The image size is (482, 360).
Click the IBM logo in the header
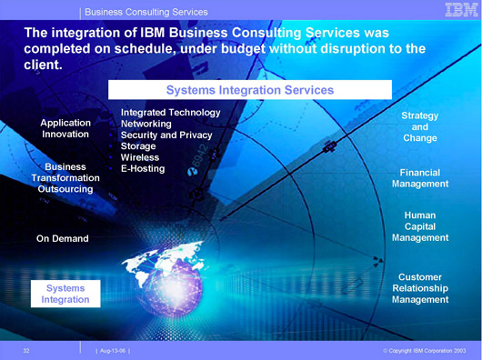click(x=461, y=9)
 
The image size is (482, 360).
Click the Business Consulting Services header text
click(x=146, y=12)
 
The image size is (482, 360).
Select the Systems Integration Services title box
click(x=250, y=90)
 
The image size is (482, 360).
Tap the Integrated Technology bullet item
click(x=171, y=113)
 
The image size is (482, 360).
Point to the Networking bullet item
click(x=146, y=124)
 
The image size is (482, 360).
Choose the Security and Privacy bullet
click(x=166, y=135)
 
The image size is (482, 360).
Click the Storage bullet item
click(x=138, y=146)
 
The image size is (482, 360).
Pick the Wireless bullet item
click(x=140, y=157)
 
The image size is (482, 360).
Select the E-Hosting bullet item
click(x=143, y=168)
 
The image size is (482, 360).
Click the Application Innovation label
click(x=65, y=128)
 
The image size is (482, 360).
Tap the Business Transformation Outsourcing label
click(x=65, y=178)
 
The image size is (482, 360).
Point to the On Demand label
click(x=63, y=238)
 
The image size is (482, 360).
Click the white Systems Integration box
click(x=65, y=294)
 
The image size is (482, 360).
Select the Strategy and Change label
click(x=420, y=127)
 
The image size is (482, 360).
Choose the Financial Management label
click(x=420, y=178)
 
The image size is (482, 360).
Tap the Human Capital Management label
click(x=420, y=226)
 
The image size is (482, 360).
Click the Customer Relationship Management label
click(x=420, y=288)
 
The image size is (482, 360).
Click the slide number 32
click(x=26, y=351)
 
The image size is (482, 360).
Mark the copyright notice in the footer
click(x=425, y=351)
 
